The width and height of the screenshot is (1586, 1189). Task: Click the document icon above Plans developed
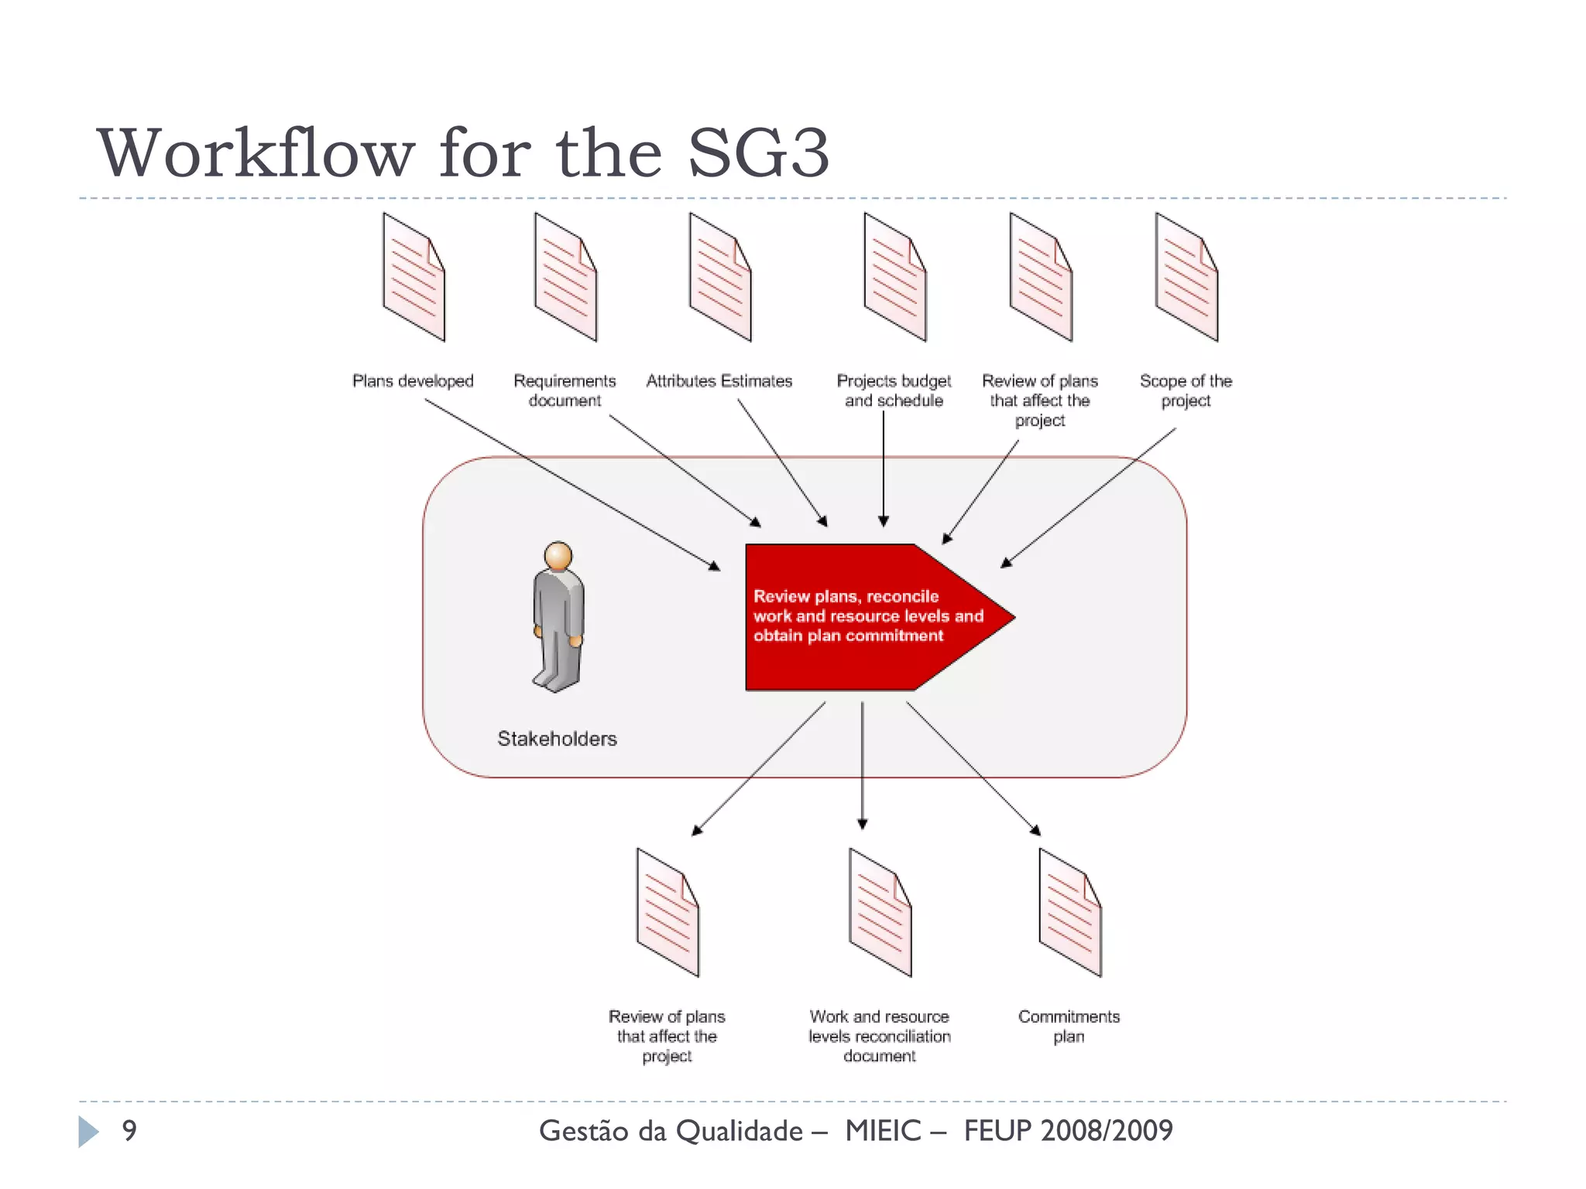[x=414, y=277]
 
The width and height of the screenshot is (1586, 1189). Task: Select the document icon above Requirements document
[x=565, y=277]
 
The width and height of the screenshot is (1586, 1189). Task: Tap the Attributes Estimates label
[x=719, y=381]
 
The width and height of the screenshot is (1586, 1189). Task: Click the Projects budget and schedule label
[x=894, y=391]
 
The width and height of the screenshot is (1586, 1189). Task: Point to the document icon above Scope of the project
[x=1186, y=277]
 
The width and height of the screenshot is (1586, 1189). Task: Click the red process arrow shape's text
[x=867, y=616]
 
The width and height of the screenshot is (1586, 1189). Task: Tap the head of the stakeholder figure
[x=558, y=556]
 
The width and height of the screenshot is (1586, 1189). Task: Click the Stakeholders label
[x=557, y=738]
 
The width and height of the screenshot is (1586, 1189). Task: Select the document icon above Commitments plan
[x=1069, y=913]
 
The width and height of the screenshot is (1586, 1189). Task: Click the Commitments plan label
[x=1069, y=1026]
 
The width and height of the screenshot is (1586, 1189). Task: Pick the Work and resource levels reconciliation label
[x=879, y=1036]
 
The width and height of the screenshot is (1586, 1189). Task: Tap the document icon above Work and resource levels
[x=880, y=913]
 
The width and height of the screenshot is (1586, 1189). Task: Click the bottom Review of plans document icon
[x=668, y=913]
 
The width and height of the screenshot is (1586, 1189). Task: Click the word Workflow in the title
[x=256, y=153]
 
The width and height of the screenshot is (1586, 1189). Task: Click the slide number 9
[x=129, y=1131]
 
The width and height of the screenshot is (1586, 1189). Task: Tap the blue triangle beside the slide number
[x=88, y=1132]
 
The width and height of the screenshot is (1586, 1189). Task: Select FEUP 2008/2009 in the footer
[x=1068, y=1131]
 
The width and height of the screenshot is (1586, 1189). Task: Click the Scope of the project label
[x=1186, y=391]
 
